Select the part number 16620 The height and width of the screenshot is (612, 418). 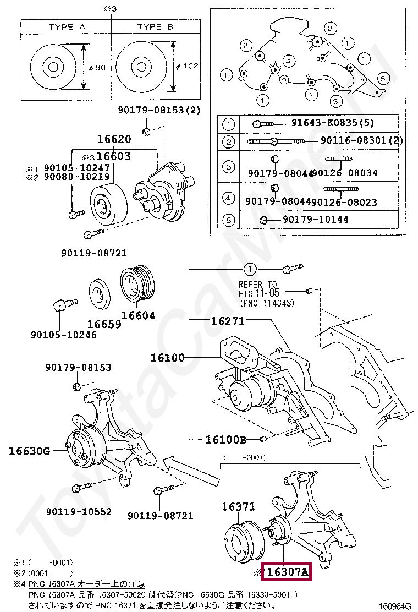114,140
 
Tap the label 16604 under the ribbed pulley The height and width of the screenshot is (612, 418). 138,316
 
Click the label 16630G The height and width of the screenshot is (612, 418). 29,452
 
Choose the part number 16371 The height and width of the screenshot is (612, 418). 238,507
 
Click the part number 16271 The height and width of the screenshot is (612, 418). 228,321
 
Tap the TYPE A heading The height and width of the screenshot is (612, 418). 66,27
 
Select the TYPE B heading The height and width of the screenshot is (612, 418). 155,27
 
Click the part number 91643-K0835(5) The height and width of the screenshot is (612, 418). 335,123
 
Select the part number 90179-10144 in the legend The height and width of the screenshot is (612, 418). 315,220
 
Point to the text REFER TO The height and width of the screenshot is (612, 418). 257,285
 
